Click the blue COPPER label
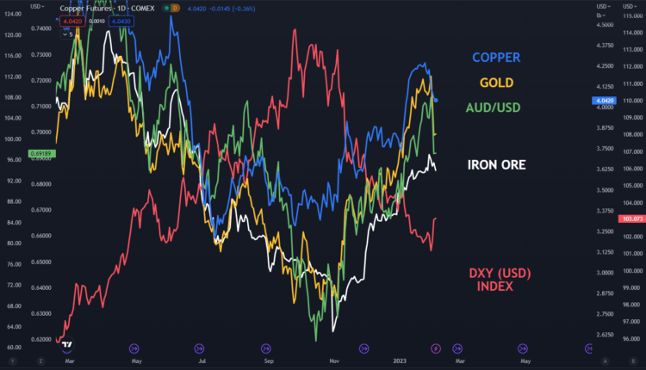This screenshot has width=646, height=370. [495, 58]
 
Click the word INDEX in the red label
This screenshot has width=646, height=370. [494, 286]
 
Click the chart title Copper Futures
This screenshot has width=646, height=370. [85, 8]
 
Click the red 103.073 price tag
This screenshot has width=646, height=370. [633, 219]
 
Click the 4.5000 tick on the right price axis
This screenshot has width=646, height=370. [602, 24]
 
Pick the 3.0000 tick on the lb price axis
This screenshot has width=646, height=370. [602, 273]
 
